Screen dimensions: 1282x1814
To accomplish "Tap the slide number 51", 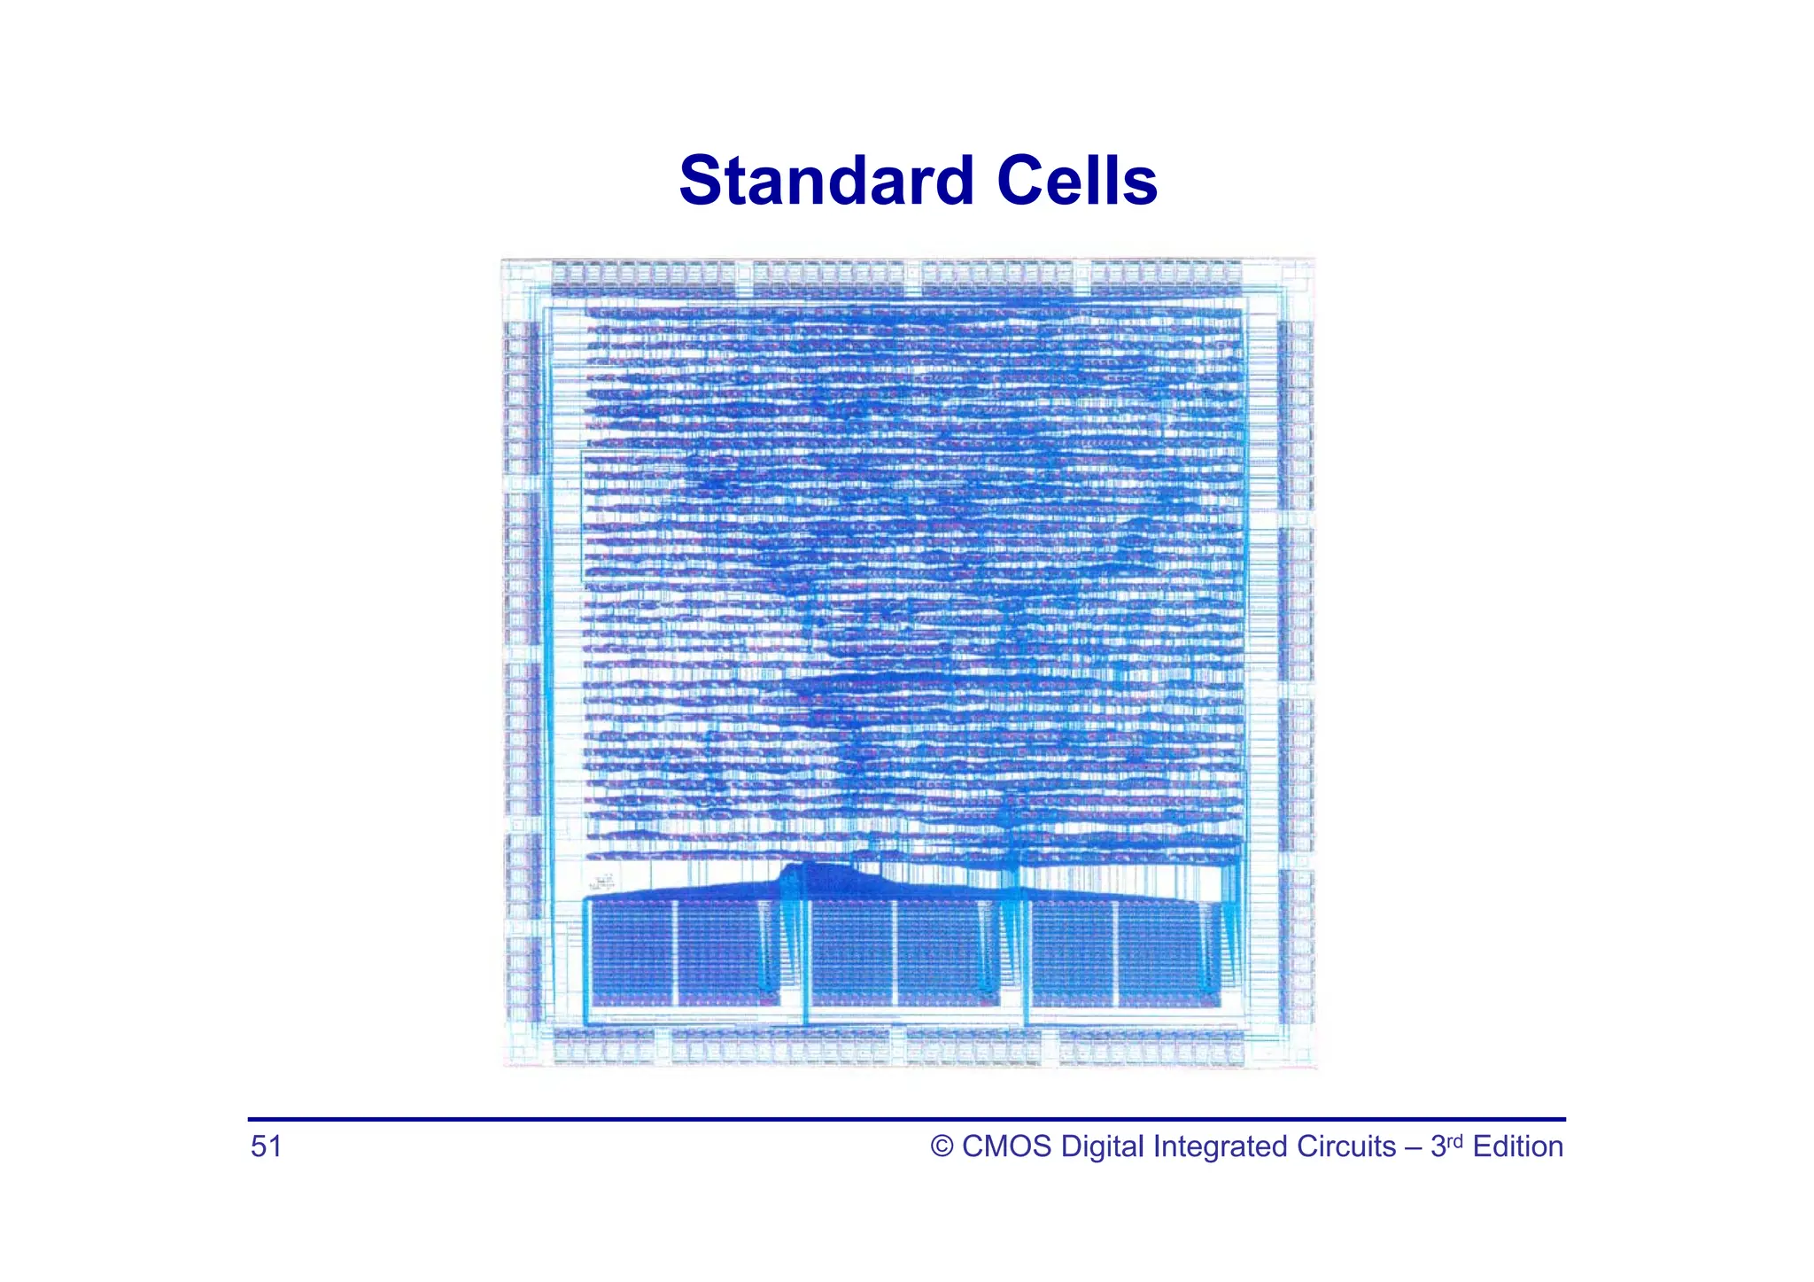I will coord(266,1146).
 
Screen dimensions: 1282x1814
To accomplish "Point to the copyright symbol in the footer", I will coord(942,1147).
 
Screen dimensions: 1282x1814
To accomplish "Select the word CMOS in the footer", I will coord(1006,1147).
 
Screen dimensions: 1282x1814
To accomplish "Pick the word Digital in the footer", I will coord(1103,1147).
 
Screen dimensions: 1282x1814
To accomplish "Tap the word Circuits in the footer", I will coord(1346,1147).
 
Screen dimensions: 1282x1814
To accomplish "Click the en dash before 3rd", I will coord(1413,1147).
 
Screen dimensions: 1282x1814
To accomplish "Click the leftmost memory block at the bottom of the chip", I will coord(678,955).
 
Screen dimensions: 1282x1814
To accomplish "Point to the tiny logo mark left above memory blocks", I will coord(603,882).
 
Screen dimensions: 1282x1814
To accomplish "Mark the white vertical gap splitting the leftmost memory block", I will coord(675,955).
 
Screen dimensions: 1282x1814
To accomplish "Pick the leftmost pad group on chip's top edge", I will coord(642,277).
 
